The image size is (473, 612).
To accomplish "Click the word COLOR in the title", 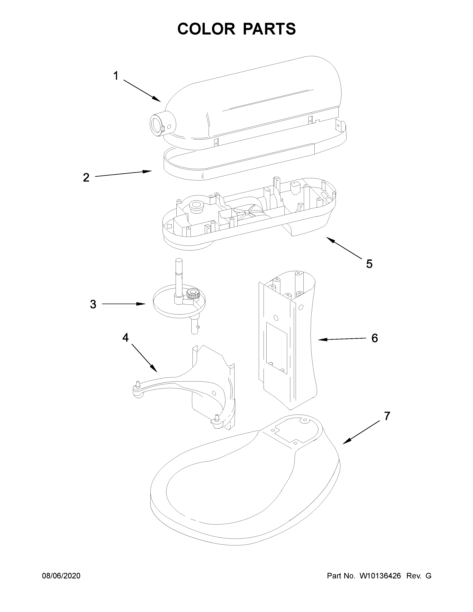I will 206,29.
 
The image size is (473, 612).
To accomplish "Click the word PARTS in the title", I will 269,29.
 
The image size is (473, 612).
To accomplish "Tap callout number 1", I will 116,76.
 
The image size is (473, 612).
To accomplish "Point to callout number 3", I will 93,304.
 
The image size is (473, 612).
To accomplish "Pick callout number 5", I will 369,264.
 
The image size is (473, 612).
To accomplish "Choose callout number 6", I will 375,338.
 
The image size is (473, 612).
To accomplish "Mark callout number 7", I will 387,424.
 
